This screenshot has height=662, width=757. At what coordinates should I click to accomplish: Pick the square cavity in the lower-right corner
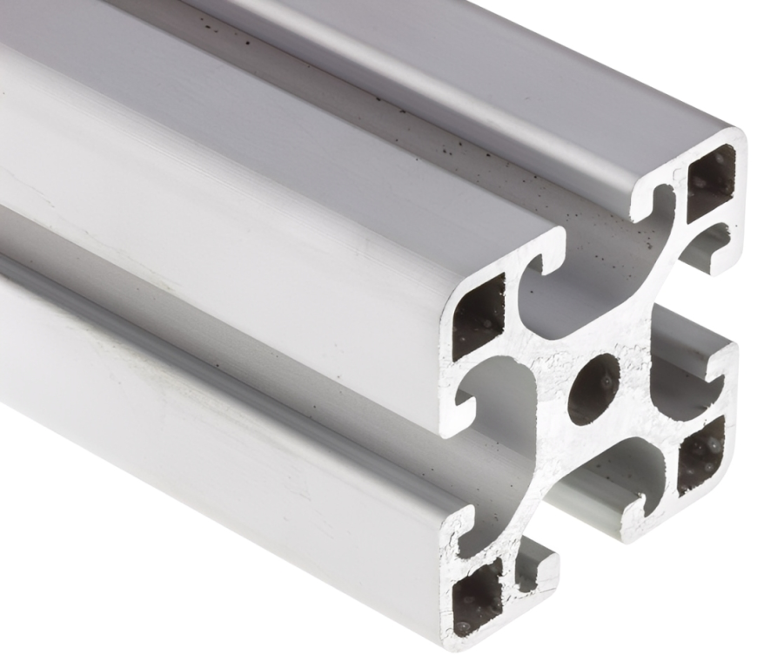[700, 453]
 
